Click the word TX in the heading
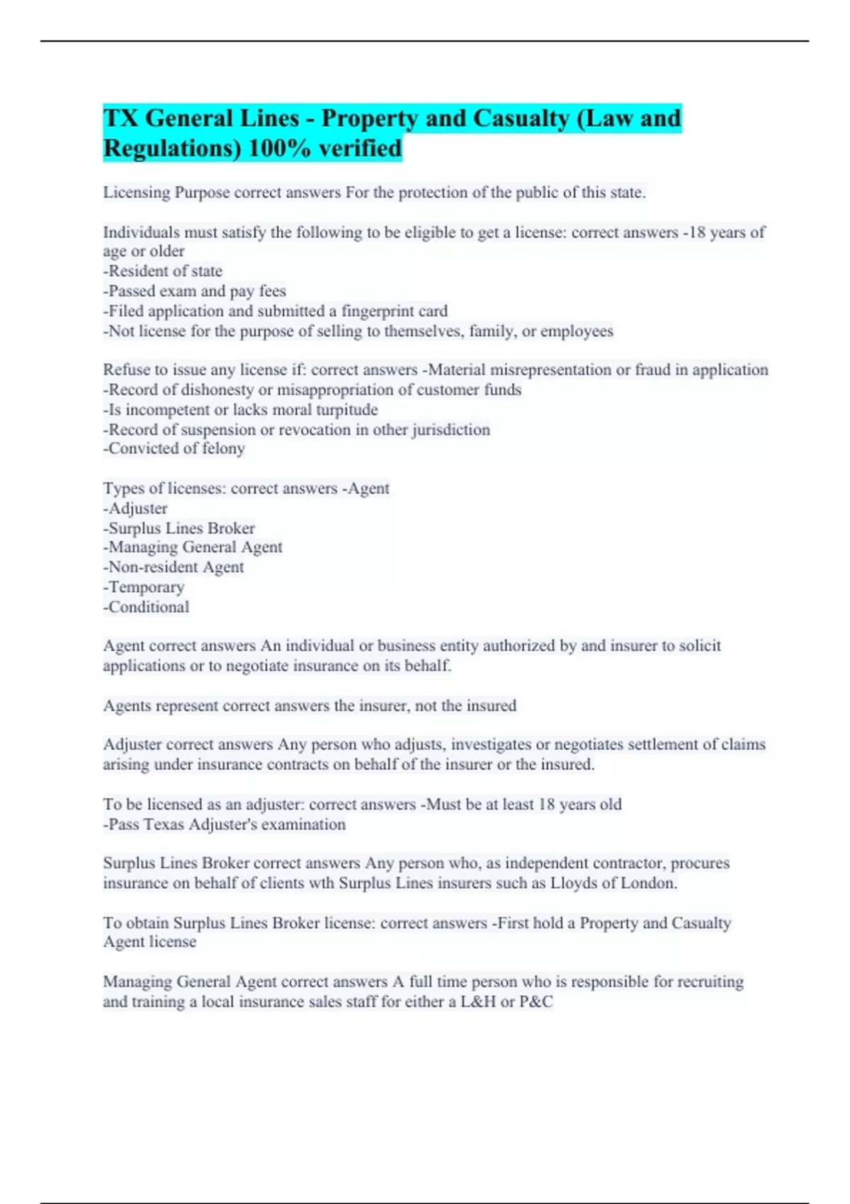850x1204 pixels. pyautogui.click(x=120, y=118)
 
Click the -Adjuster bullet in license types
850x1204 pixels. pyautogui.click(x=135, y=509)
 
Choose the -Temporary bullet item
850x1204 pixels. pyautogui.click(x=144, y=587)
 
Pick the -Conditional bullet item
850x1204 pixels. pyautogui.click(x=147, y=607)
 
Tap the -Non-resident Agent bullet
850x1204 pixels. pyautogui.click(x=174, y=567)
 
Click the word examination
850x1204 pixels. pyautogui.click(x=302, y=824)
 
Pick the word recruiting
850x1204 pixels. pyautogui.click(x=710, y=982)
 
